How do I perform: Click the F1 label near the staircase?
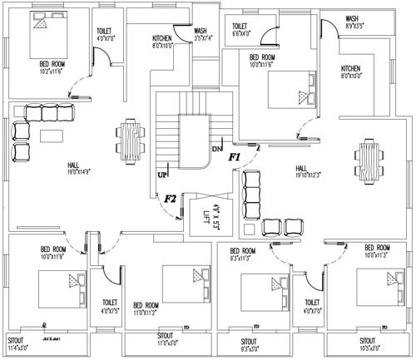pyautogui.click(x=234, y=156)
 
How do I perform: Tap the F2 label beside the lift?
pyautogui.click(x=170, y=199)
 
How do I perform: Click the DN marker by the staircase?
pyautogui.click(x=216, y=150)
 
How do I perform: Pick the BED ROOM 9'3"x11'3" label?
pyautogui.click(x=245, y=254)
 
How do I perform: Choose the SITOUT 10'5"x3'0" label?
pyautogui.click(x=368, y=344)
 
